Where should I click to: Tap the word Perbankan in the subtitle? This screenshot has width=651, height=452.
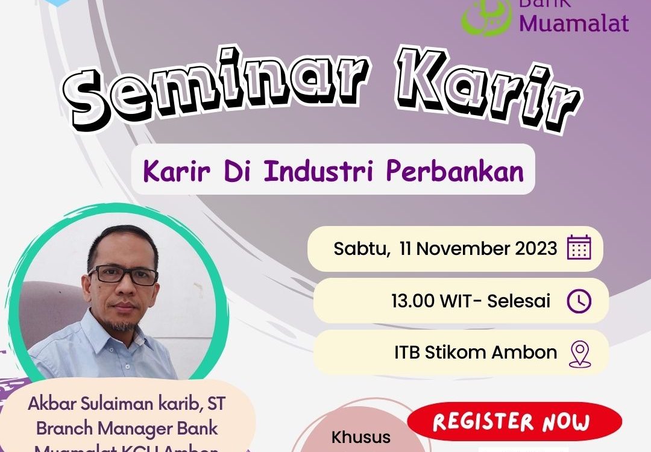(455, 171)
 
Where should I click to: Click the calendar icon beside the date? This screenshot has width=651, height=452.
(579, 248)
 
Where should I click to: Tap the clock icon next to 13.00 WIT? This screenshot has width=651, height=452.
(579, 301)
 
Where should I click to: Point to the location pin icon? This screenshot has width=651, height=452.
(579, 354)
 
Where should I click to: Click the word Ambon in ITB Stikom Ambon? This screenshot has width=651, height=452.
(524, 353)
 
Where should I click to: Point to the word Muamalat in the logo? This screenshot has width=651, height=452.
(574, 23)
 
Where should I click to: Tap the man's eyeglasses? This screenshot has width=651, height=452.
(123, 275)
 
